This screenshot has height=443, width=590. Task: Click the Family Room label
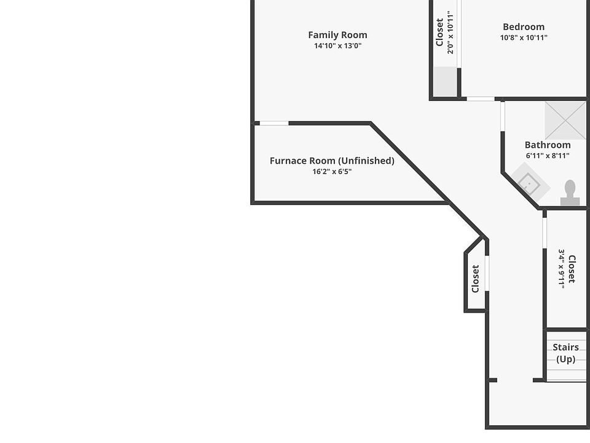(337, 35)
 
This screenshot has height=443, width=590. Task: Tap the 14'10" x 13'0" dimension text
(337, 46)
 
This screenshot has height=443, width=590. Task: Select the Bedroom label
(524, 26)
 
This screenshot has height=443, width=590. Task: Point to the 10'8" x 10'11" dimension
(524, 37)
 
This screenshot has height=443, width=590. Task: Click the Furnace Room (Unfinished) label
(332, 161)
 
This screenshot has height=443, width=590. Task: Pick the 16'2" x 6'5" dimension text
(332, 172)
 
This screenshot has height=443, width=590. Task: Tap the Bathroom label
(548, 145)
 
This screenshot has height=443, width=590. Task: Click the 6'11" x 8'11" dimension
(548, 156)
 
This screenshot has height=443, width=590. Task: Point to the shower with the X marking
(565, 120)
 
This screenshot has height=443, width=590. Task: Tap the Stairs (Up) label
(565, 353)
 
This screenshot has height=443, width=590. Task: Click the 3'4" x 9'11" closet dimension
(561, 268)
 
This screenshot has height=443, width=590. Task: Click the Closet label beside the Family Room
(440, 32)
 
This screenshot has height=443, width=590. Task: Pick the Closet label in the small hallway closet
(475, 279)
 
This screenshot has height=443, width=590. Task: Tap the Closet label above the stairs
(572, 268)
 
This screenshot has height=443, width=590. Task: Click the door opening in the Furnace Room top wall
(274, 123)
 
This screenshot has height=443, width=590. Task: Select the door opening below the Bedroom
(481, 98)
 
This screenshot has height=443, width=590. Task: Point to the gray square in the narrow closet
(445, 81)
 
